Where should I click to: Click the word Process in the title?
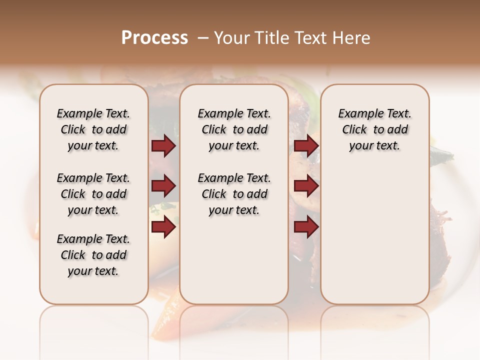click(154, 37)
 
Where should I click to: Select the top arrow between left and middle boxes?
click(163, 145)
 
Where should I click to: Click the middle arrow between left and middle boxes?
click(163, 186)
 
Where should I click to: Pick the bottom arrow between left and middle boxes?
click(163, 227)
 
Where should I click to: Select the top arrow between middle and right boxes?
click(306, 145)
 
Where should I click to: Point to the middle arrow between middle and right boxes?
click(306, 186)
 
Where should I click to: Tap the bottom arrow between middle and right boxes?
click(306, 227)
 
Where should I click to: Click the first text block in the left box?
click(93, 129)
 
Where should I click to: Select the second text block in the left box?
click(93, 194)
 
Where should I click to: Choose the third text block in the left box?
click(93, 255)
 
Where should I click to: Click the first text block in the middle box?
click(234, 129)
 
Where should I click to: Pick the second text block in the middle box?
click(234, 194)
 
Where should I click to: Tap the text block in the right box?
click(375, 129)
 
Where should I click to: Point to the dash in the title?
click(202, 37)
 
